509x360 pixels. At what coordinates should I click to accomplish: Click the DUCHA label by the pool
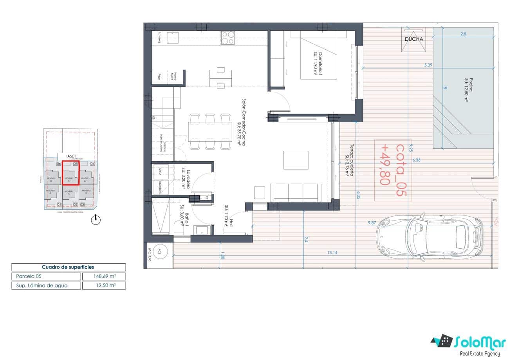pos(414,39)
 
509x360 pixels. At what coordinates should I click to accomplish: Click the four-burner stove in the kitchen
pos(228,38)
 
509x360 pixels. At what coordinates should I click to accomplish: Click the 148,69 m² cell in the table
pos(104,277)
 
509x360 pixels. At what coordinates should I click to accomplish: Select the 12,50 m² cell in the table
pos(104,286)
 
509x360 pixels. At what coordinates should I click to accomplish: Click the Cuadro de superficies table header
pos(68,267)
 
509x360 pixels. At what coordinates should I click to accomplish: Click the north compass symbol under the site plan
pos(96,220)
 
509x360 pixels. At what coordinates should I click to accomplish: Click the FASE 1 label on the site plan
pos(71,156)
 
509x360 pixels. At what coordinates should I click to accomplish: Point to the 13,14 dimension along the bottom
pos(332,253)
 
